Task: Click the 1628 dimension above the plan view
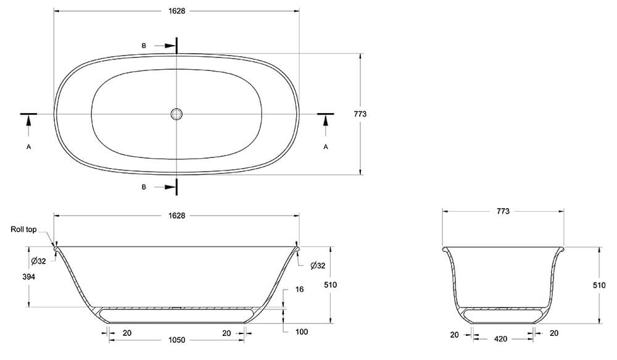pyautogui.click(x=176, y=11)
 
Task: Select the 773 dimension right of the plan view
pyautogui.click(x=360, y=114)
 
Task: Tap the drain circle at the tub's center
pyautogui.click(x=176, y=114)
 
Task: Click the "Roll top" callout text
pyautogui.click(x=23, y=229)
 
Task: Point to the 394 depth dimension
pyautogui.click(x=28, y=277)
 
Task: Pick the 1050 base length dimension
pyautogui.click(x=176, y=340)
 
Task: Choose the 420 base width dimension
pyautogui.click(x=500, y=339)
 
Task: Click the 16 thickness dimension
pyautogui.click(x=299, y=290)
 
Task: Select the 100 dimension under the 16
pyautogui.click(x=302, y=332)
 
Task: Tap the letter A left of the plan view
pyautogui.click(x=29, y=147)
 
